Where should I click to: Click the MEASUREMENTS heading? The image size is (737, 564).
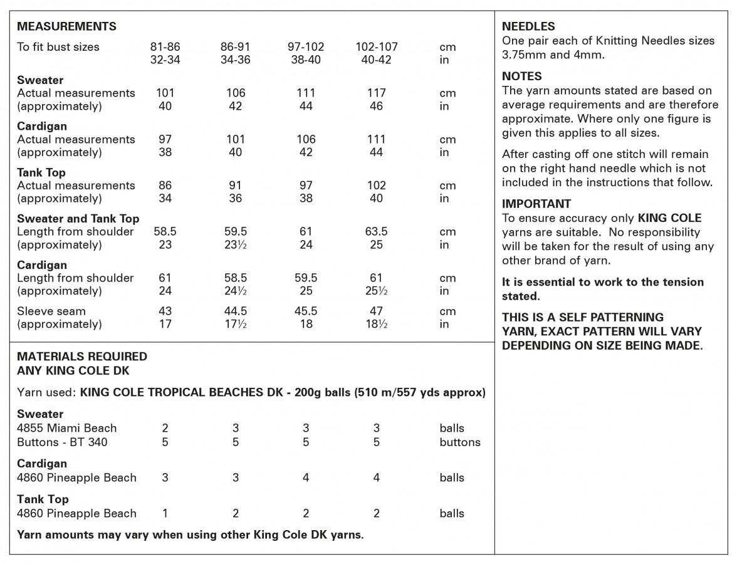pos(66,26)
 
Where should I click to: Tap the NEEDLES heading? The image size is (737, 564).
pos(528,26)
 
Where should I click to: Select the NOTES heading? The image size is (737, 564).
pos(522,76)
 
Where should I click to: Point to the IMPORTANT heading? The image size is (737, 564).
pos(536,204)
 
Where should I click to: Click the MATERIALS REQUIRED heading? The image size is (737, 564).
pos(82,357)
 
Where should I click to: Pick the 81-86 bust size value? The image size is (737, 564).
pos(165,47)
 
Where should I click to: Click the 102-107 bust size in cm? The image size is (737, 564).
pos(376,47)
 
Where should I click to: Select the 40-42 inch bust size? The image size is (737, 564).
pos(376,60)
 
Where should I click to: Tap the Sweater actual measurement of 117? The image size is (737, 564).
pos(376,93)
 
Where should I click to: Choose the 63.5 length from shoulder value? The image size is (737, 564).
pos(376,232)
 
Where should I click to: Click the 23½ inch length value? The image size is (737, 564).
pos(236,245)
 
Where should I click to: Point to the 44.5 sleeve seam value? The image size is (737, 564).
pos(236,311)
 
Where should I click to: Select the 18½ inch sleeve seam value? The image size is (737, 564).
pos(376,325)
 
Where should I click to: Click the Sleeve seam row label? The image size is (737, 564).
pos(51,311)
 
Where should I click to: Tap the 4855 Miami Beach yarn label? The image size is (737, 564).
pos(67,429)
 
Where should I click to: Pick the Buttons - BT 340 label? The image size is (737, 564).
pos(62,442)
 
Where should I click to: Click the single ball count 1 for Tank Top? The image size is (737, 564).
pos(165,514)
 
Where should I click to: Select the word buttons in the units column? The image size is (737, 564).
pos(460,442)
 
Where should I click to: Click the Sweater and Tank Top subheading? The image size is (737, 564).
pos(78,219)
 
